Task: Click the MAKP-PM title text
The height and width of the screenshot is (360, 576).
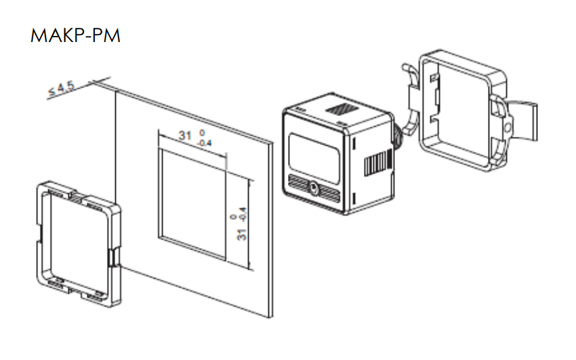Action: pyautogui.click(x=75, y=36)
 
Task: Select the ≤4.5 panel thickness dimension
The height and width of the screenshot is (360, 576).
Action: pyautogui.click(x=62, y=89)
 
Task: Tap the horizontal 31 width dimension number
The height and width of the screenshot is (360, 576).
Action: pyautogui.click(x=185, y=136)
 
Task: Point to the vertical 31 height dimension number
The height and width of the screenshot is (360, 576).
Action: pyautogui.click(x=241, y=235)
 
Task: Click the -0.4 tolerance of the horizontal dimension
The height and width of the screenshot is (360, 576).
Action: pyautogui.click(x=205, y=143)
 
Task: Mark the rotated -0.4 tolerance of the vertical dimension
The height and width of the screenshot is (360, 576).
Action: pyautogui.click(x=243, y=216)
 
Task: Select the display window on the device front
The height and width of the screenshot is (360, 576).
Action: pyautogui.click(x=314, y=159)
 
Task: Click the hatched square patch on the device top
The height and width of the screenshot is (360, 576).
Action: pyautogui.click(x=341, y=109)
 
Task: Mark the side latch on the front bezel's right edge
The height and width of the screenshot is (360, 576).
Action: pyautogui.click(x=113, y=257)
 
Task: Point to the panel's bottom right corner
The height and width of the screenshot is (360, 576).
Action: pyautogui.click(x=272, y=317)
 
